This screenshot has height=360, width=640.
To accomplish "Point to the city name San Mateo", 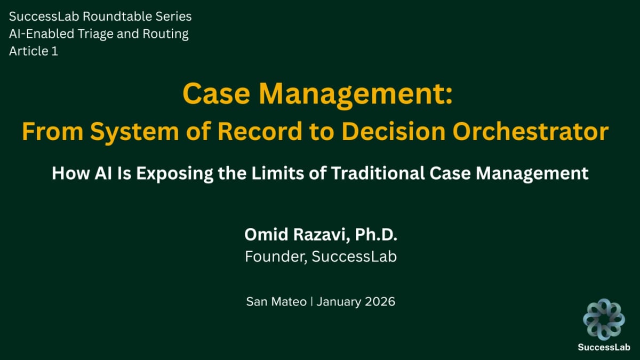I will click(276, 301).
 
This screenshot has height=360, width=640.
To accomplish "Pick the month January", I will click(340, 301).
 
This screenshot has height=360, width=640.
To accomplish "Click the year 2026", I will click(380, 301).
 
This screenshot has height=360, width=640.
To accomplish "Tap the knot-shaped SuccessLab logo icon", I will click(604, 319).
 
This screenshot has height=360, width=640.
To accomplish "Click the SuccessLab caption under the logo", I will click(604, 347).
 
